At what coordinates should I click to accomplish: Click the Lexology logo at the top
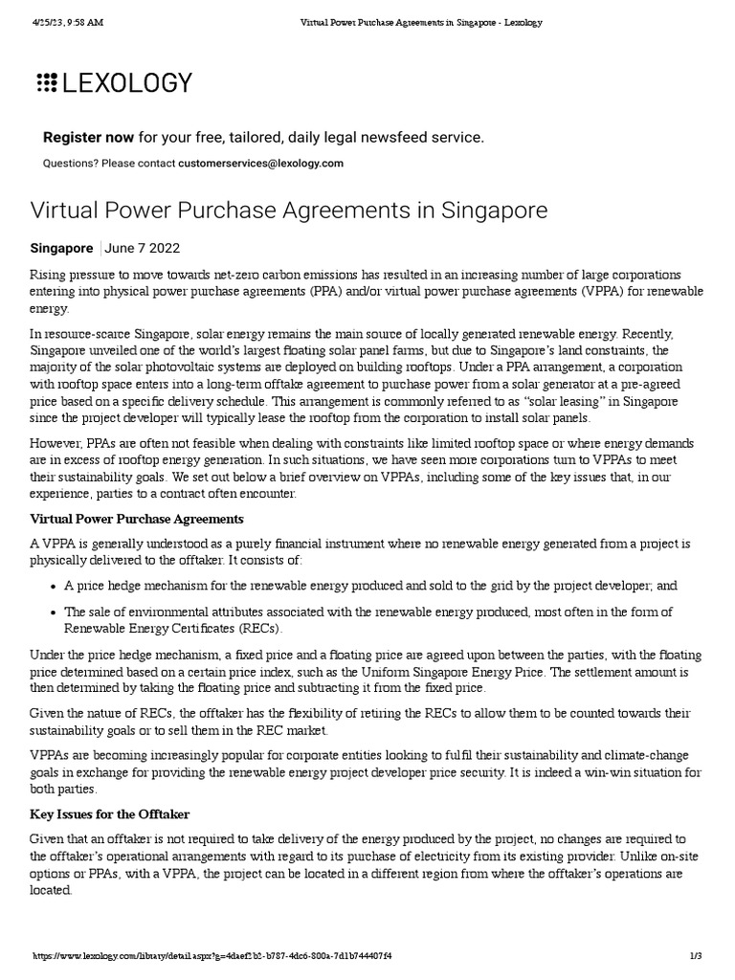(x=114, y=83)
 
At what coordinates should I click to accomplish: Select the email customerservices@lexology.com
(x=260, y=164)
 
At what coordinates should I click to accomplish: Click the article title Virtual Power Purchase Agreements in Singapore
(x=289, y=211)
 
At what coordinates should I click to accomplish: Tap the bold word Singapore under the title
(x=62, y=248)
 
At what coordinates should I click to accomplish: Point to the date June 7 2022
(x=142, y=248)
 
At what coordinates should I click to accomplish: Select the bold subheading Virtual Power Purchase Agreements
(x=137, y=519)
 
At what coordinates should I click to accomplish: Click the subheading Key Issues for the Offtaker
(x=110, y=813)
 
